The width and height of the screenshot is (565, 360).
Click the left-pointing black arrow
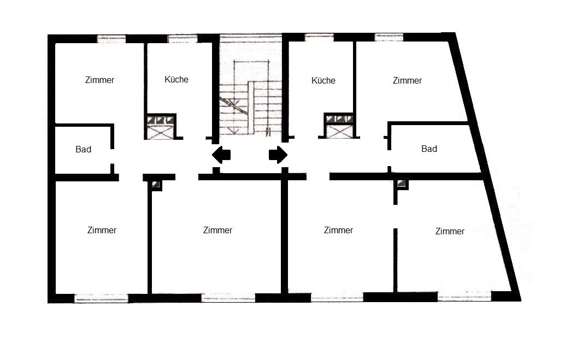221,155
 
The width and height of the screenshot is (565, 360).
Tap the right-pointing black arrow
278,155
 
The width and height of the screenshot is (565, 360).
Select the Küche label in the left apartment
176,79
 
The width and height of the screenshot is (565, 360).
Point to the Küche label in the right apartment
323,80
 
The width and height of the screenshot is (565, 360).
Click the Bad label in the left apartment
83,149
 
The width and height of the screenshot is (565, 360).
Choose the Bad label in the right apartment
429,149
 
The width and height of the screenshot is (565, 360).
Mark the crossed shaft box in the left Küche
160,127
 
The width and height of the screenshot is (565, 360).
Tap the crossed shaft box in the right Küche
339,126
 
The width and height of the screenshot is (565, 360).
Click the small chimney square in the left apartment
156,185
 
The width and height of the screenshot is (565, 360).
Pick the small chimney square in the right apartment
402,184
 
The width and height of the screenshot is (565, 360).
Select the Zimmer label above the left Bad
99,80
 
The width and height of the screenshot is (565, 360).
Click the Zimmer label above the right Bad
407,80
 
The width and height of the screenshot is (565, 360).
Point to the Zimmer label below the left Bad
102,230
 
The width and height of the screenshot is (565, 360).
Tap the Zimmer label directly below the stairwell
217,230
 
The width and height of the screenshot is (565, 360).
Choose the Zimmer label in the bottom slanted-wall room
450,231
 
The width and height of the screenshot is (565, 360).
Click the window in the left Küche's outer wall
183,38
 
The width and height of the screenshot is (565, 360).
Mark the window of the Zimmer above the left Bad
111,38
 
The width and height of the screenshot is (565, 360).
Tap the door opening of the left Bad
112,156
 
